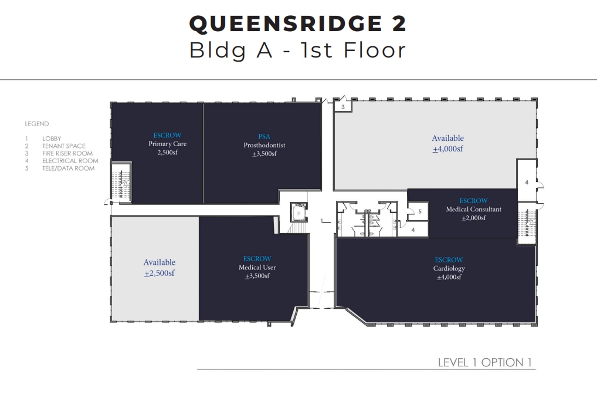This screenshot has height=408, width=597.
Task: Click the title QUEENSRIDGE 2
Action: click(x=298, y=23)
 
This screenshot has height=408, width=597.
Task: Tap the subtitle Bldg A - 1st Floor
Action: click(x=298, y=50)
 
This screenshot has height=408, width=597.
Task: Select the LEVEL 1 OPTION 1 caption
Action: click(x=485, y=362)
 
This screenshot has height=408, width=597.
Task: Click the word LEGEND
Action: click(x=37, y=124)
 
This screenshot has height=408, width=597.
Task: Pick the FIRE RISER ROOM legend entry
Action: click(x=67, y=153)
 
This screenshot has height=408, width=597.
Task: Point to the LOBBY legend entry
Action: click(x=51, y=139)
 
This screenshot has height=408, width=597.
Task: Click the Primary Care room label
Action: click(x=167, y=144)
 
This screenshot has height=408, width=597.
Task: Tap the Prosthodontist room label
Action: click(x=264, y=145)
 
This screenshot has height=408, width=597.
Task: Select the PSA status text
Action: click(x=264, y=136)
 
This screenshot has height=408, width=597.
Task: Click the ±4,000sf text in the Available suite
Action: click(x=447, y=149)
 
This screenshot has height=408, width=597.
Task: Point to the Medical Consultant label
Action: click(x=473, y=210)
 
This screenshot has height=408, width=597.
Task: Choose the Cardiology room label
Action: click(x=449, y=268)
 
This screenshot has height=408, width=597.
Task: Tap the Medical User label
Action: click(x=257, y=268)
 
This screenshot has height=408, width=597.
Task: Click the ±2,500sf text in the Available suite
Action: click(x=159, y=273)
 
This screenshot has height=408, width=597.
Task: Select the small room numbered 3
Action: click(x=342, y=107)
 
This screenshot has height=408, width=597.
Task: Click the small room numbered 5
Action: click(x=419, y=212)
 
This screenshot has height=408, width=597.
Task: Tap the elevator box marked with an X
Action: click(x=299, y=214)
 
